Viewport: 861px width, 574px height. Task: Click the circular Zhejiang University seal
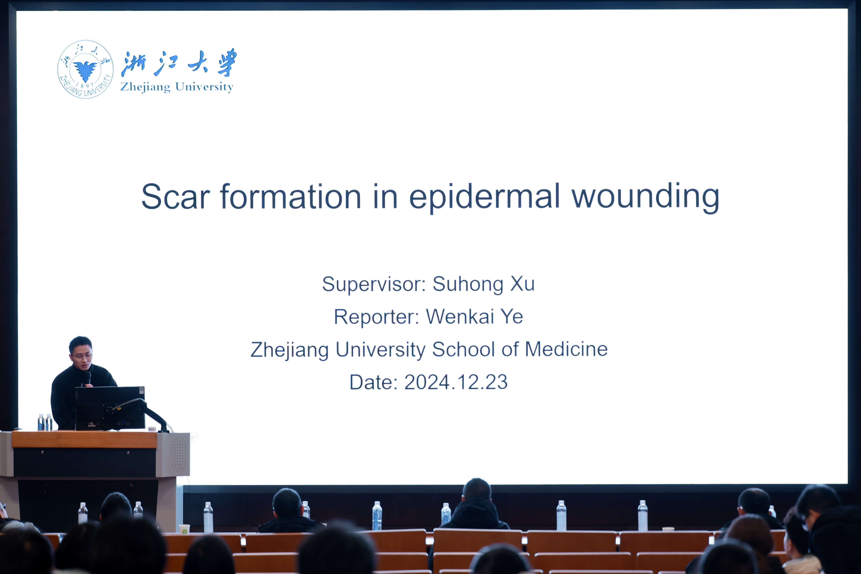(85, 69)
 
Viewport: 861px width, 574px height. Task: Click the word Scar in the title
(176, 197)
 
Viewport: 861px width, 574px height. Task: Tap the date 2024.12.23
(456, 382)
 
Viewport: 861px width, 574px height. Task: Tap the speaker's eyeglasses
(82, 356)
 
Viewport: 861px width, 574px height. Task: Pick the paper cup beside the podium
(184, 529)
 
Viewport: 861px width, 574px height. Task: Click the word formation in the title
(291, 197)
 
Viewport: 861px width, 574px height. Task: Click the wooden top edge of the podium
(84, 439)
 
